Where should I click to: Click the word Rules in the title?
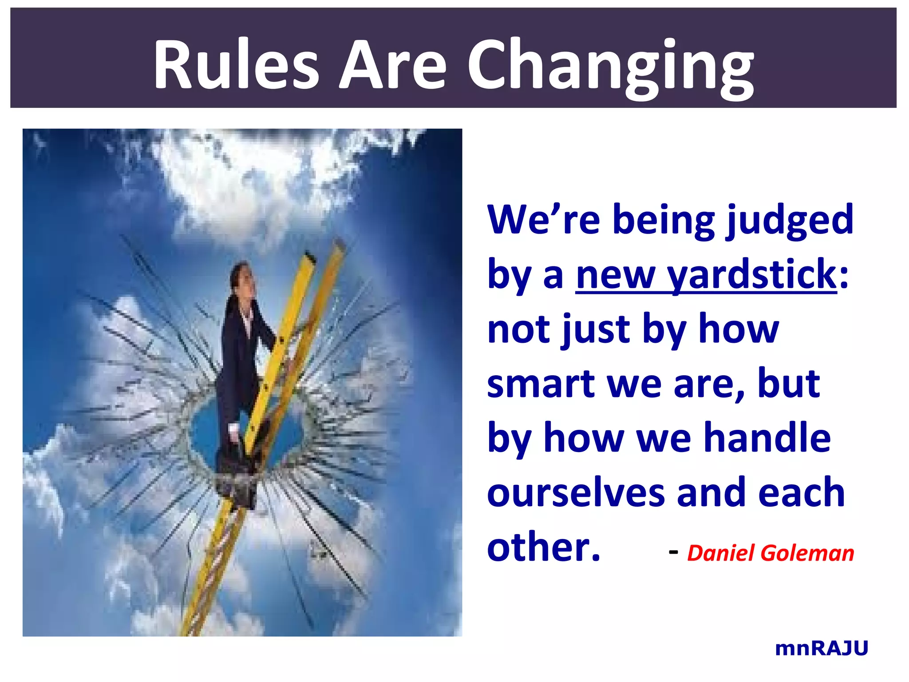click(x=236, y=65)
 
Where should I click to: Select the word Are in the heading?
click(x=392, y=65)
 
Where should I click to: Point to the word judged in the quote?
click(x=790, y=220)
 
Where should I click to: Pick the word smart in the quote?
click(x=541, y=384)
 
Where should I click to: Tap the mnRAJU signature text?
click(x=821, y=649)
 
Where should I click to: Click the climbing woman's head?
click(x=242, y=275)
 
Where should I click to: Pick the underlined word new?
click(x=615, y=275)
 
